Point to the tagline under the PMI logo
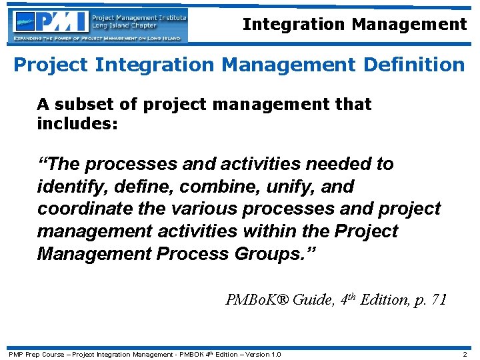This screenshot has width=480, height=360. [x=97, y=39]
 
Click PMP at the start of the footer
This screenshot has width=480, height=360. [x=15, y=354]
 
